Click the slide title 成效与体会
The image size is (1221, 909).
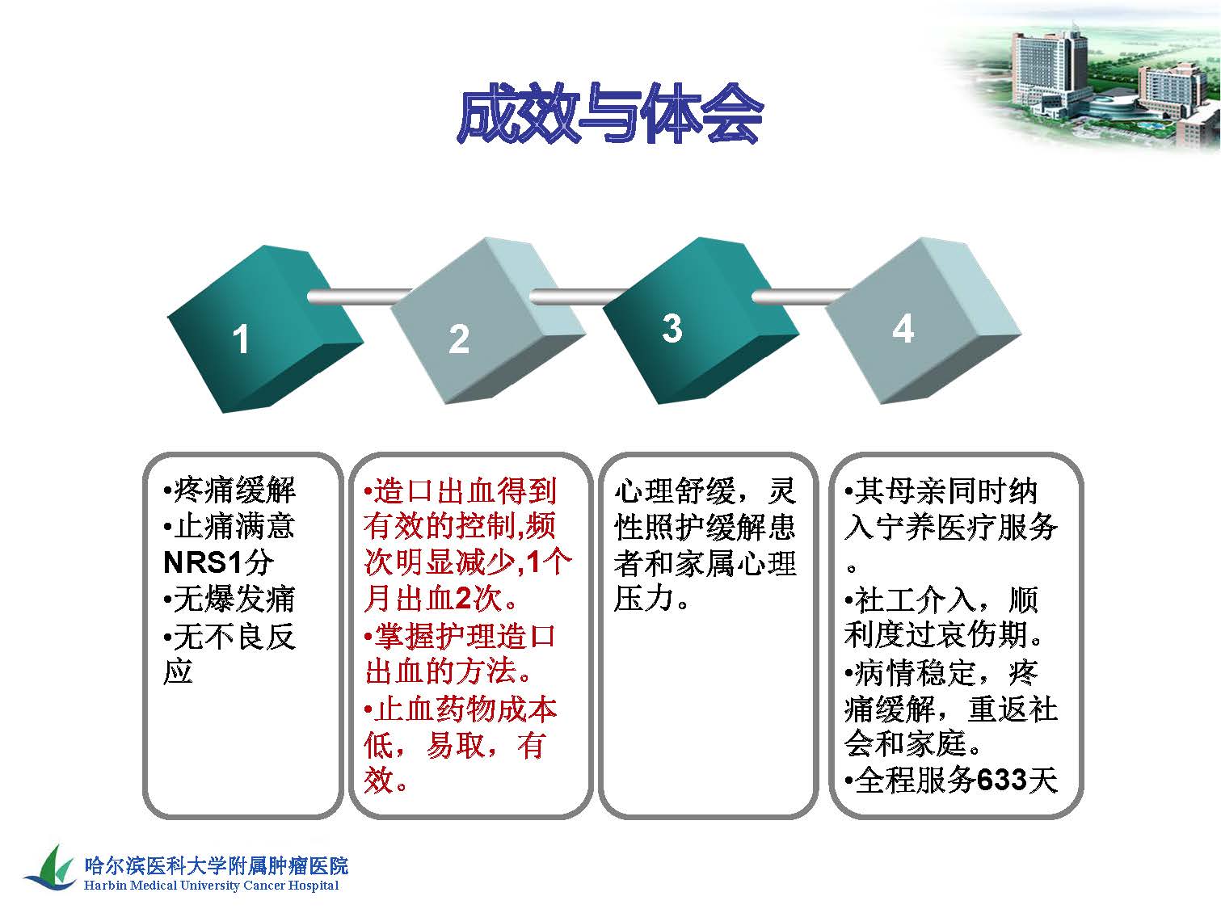[609, 114]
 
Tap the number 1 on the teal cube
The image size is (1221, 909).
[241, 339]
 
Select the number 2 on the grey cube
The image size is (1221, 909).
[459, 339]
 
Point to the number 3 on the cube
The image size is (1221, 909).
[672, 329]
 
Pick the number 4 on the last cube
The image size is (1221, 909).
[903, 329]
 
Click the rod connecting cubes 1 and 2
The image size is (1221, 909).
[360, 297]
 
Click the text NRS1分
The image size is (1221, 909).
[218, 562]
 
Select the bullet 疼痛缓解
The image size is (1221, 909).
[229, 490]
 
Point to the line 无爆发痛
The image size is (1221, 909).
[229, 599]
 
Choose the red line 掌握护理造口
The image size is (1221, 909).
[460, 636]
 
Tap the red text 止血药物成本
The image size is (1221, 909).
[461, 709]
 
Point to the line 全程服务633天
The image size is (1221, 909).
[951, 781]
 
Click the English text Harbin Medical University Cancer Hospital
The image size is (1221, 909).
[212, 886]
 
